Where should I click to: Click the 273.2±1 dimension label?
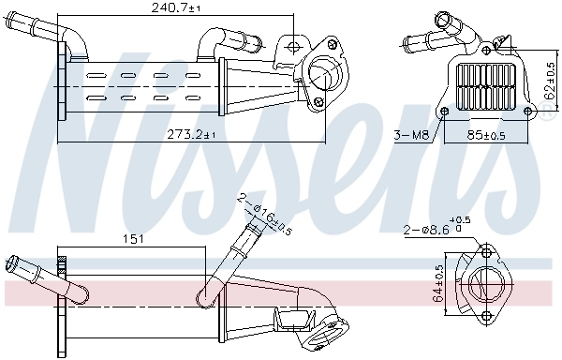[x=192, y=135]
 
